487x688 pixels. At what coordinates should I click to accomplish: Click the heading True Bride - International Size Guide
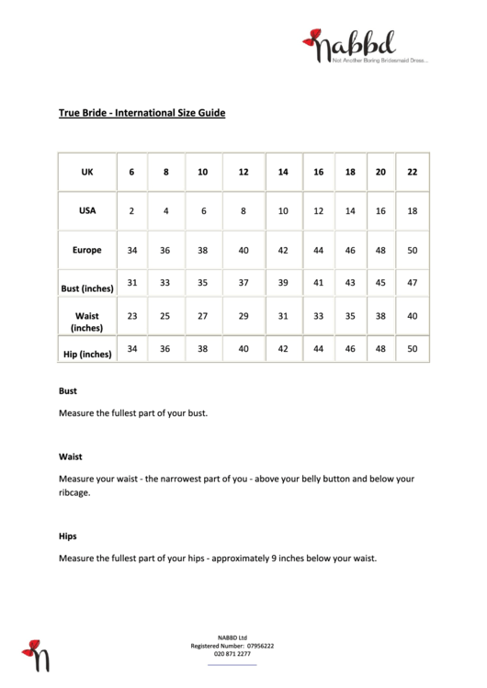[x=142, y=114]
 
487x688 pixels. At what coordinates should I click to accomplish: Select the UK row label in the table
[x=87, y=172]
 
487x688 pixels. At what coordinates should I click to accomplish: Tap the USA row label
[x=87, y=210]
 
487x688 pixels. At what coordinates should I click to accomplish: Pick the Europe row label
[x=87, y=250]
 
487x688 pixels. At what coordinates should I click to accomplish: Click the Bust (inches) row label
[x=87, y=288]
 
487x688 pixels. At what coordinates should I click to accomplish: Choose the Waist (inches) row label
[x=87, y=321]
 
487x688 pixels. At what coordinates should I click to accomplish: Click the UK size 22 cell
[x=412, y=172]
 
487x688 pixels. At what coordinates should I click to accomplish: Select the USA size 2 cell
[x=131, y=211]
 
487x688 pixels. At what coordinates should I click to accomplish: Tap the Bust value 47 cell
[x=412, y=283]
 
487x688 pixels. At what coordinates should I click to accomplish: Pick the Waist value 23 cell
[x=131, y=316]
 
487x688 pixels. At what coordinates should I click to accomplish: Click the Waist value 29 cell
[x=243, y=316]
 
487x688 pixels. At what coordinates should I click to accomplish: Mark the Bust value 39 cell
[x=283, y=283]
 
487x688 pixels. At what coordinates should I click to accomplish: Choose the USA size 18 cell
[x=412, y=211]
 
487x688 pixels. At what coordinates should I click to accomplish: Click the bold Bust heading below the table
[x=68, y=390]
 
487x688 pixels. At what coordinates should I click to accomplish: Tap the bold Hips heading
[x=68, y=536]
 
